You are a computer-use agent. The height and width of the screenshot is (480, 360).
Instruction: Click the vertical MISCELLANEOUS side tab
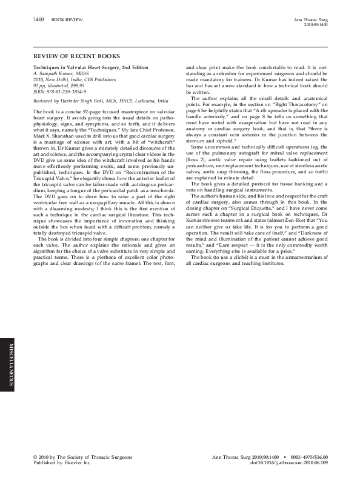point(9,363)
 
